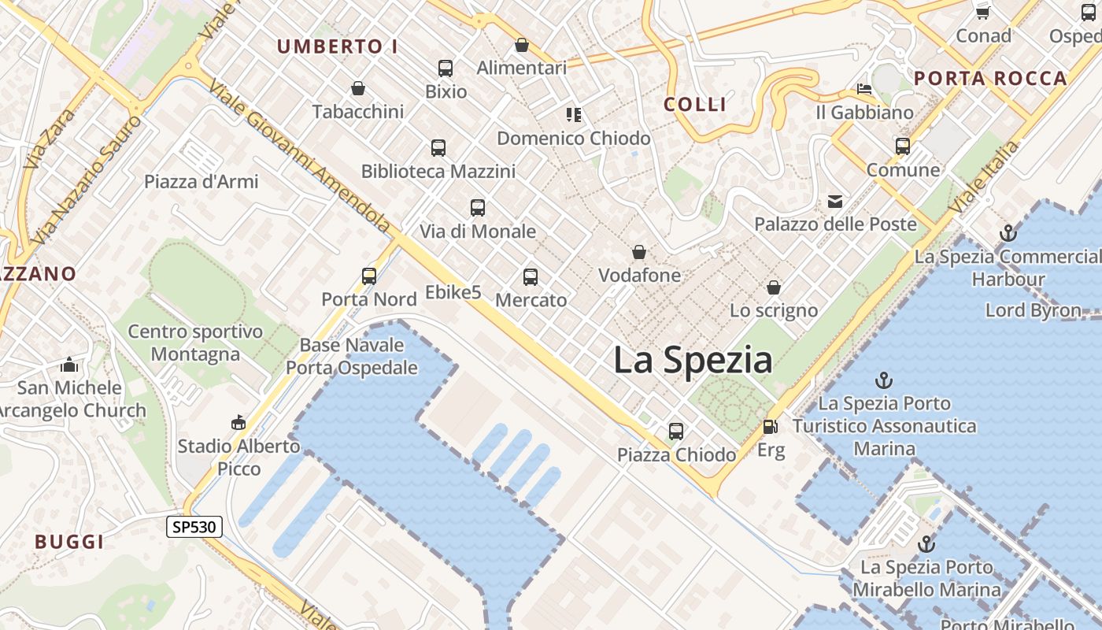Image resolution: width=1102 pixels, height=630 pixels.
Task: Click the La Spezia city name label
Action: point(693,361)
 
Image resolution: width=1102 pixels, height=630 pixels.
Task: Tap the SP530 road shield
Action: point(194,527)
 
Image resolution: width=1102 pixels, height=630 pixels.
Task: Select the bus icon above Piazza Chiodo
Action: point(675,431)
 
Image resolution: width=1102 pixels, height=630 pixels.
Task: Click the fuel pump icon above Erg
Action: point(770,427)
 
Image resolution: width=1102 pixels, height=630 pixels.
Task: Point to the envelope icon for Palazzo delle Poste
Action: point(835,202)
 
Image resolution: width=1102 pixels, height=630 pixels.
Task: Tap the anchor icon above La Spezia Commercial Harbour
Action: point(1008,233)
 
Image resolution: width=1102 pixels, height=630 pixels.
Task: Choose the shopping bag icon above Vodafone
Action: point(639,252)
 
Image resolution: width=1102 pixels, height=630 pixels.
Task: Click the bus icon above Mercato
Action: point(531,276)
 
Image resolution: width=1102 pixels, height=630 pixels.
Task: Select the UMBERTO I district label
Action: point(337,46)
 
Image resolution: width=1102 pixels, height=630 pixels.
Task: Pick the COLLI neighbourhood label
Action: point(695,104)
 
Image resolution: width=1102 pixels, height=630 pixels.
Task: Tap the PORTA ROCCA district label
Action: point(990,78)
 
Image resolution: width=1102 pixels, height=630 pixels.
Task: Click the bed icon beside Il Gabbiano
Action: point(864,88)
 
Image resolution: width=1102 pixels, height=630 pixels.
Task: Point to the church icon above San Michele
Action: point(69,365)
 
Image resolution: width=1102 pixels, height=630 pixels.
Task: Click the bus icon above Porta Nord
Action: point(369,276)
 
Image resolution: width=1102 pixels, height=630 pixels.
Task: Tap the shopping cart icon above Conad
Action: point(982,13)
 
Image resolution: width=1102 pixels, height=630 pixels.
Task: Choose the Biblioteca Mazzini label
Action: point(438,171)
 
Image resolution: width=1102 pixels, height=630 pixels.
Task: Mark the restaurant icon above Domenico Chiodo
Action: point(573,115)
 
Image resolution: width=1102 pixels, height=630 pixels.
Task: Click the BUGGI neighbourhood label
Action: point(69,542)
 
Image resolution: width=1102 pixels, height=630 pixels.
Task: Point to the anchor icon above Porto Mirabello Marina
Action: point(926,544)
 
